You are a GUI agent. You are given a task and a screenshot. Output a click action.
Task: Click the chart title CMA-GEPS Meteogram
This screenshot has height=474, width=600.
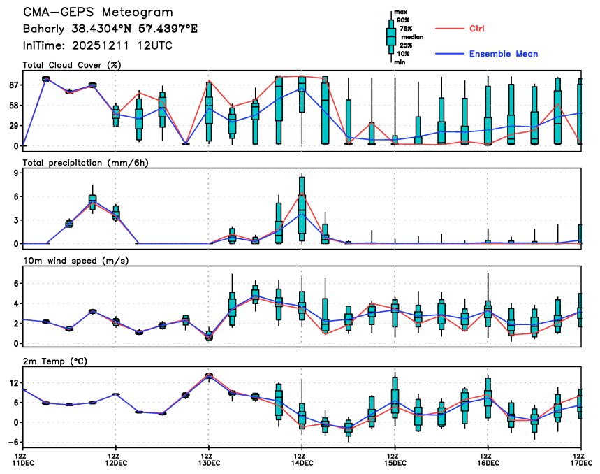pyautogui.click(x=98, y=13)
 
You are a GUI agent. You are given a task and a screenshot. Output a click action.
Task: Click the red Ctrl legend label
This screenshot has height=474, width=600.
pyautogui.click(x=476, y=28)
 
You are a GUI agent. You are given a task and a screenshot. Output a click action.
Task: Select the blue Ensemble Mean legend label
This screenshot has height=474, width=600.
pyautogui.click(x=503, y=54)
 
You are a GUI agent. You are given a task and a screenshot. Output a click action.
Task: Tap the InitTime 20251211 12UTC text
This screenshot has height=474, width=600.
pyautogui.click(x=97, y=45)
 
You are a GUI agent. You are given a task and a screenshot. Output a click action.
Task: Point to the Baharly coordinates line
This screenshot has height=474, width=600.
pyautogui.click(x=110, y=29)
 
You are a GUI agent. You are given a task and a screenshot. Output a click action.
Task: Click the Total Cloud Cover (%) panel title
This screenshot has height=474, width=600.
pyautogui.click(x=71, y=65)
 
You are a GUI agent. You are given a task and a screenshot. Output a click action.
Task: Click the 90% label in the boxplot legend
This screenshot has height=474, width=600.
pyautogui.click(x=403, y=20)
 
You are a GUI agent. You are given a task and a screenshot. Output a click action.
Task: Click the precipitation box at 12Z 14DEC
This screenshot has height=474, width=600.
pyautogui.click(x=302, y=210)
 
